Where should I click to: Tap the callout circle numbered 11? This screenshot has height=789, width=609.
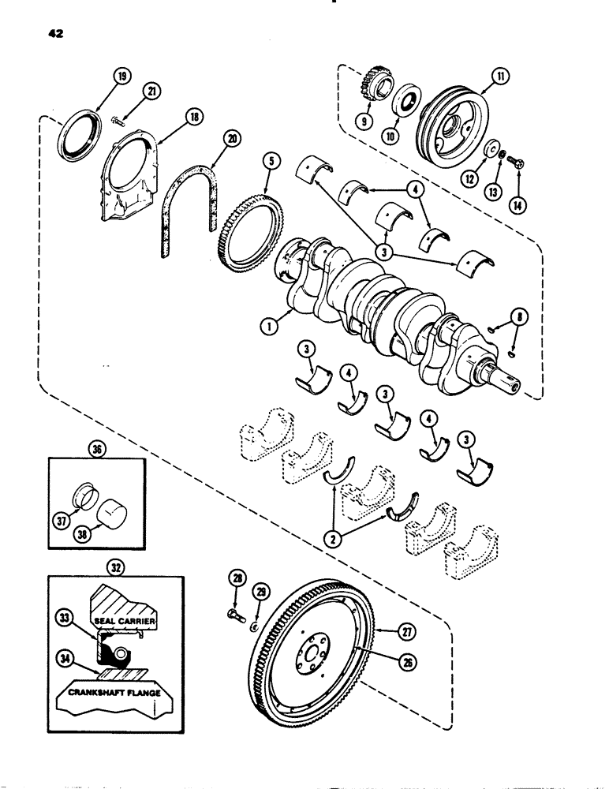pyautogui.click(x=501, y=77)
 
